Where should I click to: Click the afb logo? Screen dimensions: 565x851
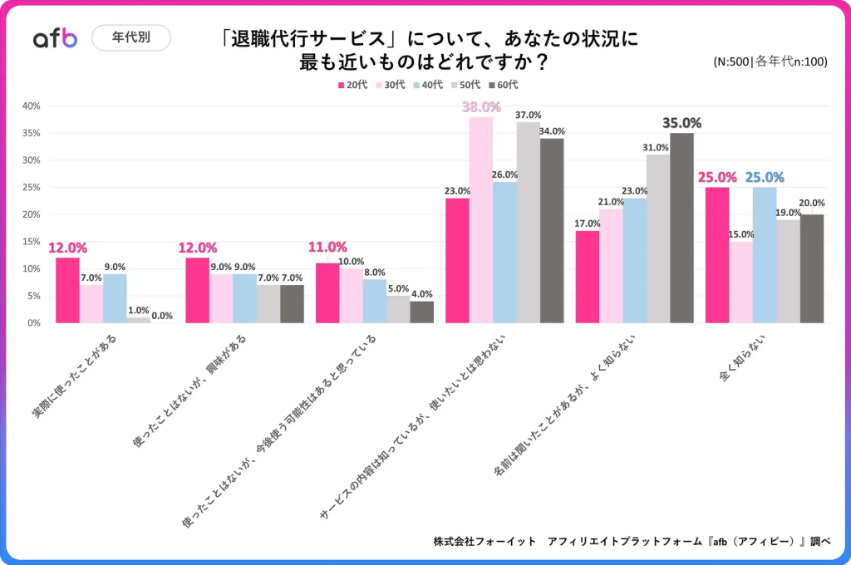[x=55, y=38]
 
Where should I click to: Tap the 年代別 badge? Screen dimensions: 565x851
[x=130, y=38]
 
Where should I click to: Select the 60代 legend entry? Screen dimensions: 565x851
[x=503, y=85]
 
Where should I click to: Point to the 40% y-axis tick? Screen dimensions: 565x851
[x=31, y=106]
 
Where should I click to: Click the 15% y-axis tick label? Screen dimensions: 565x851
[x=31, y=242]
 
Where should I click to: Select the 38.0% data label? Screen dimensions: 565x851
[x=482, y=107]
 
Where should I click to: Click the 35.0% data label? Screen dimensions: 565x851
[x=681, y=123]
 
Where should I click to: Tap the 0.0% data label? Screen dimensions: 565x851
[x=162, y=316]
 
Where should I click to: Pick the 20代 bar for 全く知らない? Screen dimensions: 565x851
[x=717, y=255]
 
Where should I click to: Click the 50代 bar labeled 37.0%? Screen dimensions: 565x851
[x=528, y=223]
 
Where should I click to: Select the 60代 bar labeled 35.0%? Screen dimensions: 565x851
[x=681, y=228]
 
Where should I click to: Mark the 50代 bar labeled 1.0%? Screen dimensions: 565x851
[x=138, y=320]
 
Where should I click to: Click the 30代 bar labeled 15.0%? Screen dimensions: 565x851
[x=741, y=282]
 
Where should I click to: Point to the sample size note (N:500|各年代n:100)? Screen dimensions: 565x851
[x=770, y=61]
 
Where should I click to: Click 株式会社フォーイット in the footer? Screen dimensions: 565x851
[x=485, y=541]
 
